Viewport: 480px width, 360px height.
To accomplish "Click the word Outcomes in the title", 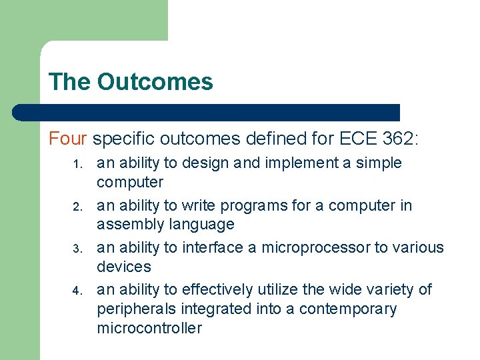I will pos(155,82).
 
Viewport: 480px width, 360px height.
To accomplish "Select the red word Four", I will pos(68,139).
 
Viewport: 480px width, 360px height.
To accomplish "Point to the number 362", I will pos(399,139).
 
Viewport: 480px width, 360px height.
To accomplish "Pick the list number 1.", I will pos(77,164).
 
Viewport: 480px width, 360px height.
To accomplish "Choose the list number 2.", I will pos(77,207).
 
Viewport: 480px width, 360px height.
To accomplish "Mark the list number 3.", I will pos(77,249).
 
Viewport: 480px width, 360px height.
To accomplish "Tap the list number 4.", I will pos(77,291).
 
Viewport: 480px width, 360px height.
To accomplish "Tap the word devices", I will pos(124,267).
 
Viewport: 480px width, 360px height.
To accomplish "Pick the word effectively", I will pos(217,289).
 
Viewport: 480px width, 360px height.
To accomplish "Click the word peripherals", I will pos(137,309).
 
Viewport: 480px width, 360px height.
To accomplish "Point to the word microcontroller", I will pos(149,328).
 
